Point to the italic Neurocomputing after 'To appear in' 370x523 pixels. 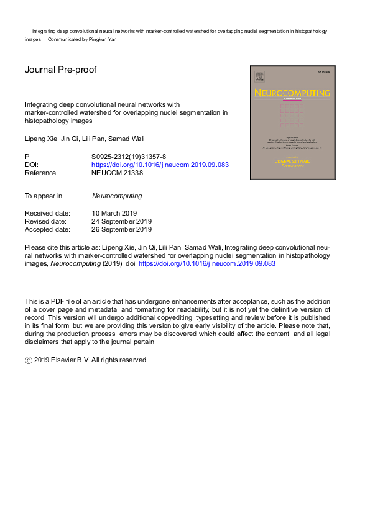117,196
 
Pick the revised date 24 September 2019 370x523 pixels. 122,221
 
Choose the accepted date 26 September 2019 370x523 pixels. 122,229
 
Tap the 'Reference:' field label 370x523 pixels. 42,174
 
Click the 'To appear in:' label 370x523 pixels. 44,196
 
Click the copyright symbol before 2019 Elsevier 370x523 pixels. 28,360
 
